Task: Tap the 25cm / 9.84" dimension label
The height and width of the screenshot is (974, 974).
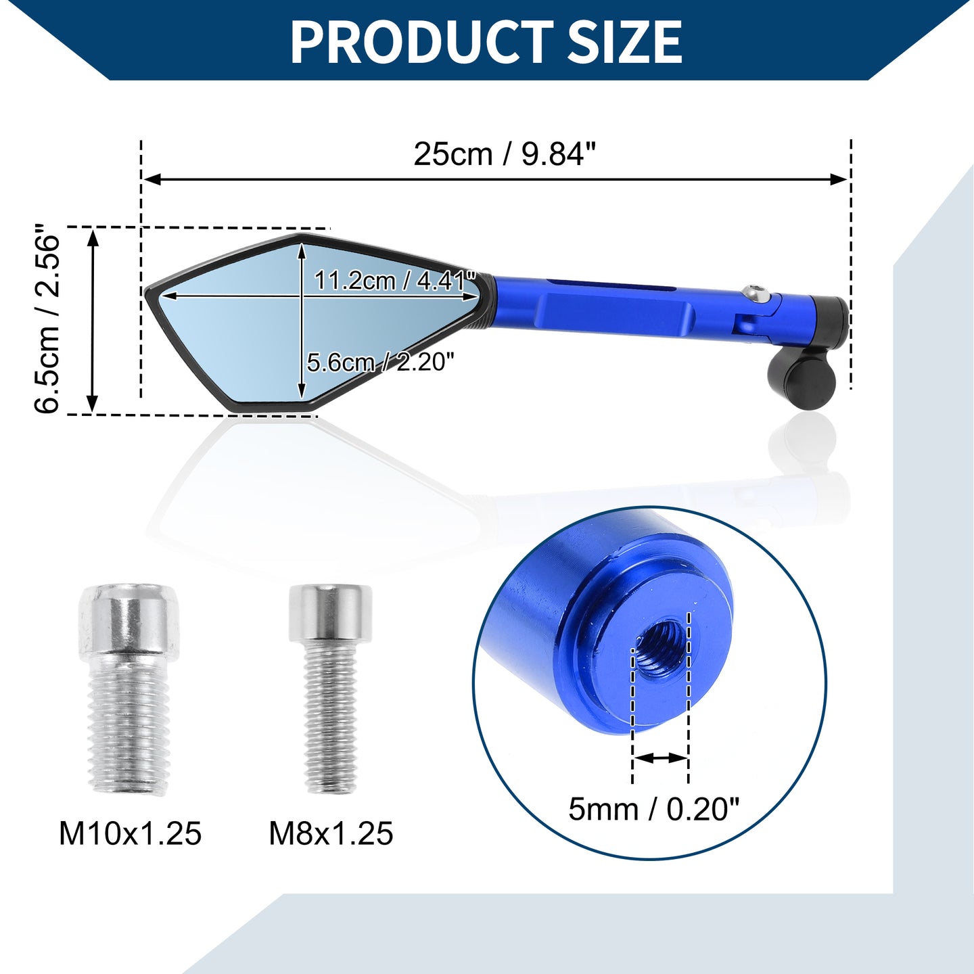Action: (505, 154)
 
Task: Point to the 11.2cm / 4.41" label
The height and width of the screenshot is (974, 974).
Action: (395, 280)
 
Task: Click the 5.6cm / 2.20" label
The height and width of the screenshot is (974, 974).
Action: (381, 363)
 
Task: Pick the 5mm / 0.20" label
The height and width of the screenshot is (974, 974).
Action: (654, 809)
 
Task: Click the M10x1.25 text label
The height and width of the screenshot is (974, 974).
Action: (131, 833)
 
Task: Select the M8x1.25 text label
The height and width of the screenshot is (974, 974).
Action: (331, 833)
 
